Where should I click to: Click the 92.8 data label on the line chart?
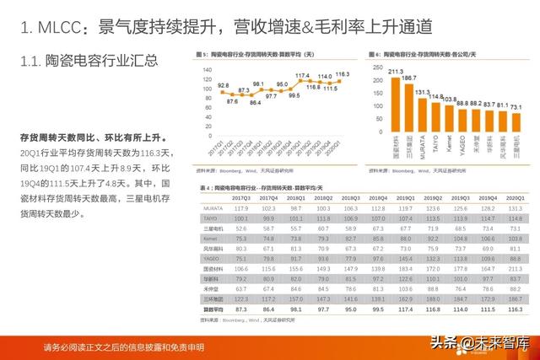[223, 85]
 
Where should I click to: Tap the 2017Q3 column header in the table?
[242, 199]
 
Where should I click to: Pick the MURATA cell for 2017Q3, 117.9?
[242, 207]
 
